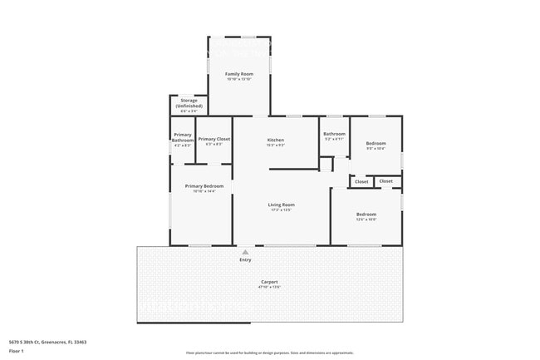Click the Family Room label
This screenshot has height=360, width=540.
pos(239,74)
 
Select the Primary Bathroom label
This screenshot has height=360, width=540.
pos(183,138)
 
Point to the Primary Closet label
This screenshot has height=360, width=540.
pos(214,139)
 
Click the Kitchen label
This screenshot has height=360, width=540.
pos(276,140)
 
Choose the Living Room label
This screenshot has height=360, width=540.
pos(281,205)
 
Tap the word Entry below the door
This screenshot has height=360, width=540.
pos(245,260)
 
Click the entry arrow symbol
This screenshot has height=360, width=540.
pos(245,252)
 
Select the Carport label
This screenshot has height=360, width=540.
pos(270,282)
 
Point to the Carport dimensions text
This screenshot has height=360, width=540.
pos(270,288)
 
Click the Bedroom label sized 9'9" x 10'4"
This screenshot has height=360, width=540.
pos(376,143)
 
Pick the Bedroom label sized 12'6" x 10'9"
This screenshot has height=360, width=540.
pos(366,214)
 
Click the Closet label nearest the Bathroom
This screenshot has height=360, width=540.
pos(361,181)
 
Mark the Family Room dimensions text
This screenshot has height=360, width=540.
pos(239,80)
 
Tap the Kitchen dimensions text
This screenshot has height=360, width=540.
pos(276,145)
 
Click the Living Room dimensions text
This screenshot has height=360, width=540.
pos(281,210)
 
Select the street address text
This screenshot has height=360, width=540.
pos(47,342)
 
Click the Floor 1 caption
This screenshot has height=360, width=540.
pos(17,351)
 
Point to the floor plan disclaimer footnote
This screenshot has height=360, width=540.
pos(270,353)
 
